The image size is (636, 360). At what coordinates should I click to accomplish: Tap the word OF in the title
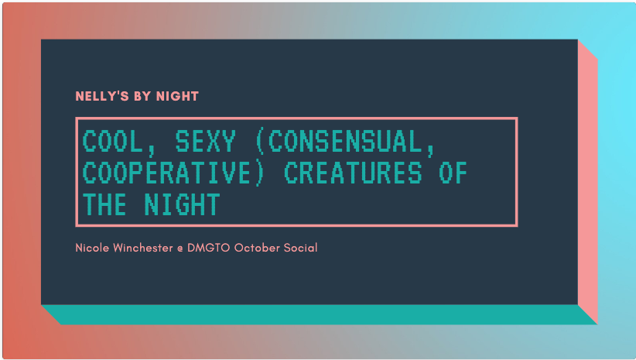coord(453,173)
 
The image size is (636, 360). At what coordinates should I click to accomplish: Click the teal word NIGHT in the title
coord(182,204)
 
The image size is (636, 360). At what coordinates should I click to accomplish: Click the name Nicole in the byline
coord(92,248)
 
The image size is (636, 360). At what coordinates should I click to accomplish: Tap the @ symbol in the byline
coord(180,249)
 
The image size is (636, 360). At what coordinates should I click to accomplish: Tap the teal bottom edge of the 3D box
coord(317,314)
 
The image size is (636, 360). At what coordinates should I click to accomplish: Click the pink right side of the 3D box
coord(587,178)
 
